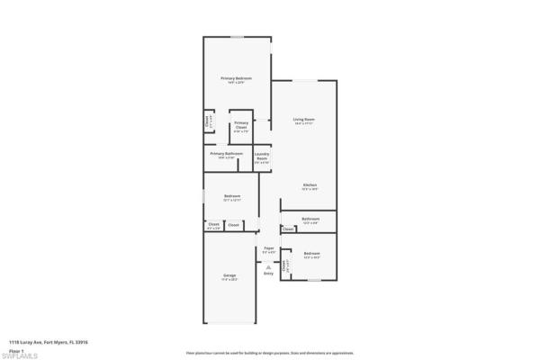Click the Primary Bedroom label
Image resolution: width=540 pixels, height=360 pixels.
point(237,79)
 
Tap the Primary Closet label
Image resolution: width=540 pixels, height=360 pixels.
point(241,127)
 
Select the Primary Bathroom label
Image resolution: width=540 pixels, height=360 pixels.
point(228,154)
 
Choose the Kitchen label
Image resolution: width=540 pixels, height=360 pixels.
point(309,185)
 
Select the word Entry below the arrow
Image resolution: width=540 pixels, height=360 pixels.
point(268,273)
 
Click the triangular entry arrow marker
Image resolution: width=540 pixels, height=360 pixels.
point(268,265)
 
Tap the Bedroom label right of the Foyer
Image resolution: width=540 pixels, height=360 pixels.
point(311,254)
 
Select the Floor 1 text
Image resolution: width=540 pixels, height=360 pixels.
point(17,350)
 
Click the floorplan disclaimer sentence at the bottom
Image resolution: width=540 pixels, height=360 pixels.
point(270,353)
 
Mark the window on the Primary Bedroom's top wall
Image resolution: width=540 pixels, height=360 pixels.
point(237,37)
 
